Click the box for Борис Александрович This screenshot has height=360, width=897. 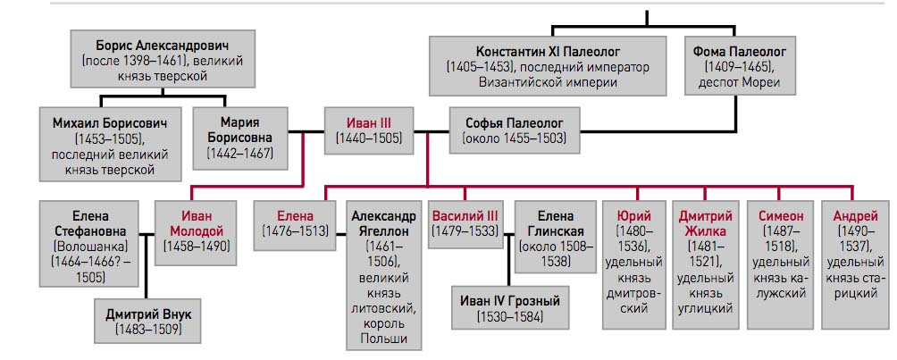pos(163,60)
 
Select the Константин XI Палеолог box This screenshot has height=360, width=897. pos(548,66)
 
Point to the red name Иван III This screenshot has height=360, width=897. pos(368,122)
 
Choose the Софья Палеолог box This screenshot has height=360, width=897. pos(515,130)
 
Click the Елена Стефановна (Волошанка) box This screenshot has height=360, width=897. pos(89,243)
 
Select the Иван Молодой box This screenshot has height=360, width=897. pos(197,232)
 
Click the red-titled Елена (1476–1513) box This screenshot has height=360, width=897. pos(295,225)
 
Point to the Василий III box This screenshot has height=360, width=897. pos(465,224)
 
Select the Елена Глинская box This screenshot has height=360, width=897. pos(555,237)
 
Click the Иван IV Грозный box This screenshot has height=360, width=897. pos(510,307)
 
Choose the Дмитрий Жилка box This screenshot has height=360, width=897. pos(703,265)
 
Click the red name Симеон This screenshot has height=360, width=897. pos(780,216)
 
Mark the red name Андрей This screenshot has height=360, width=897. pos(855,216)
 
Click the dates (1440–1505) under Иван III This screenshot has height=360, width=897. pos(368,138)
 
